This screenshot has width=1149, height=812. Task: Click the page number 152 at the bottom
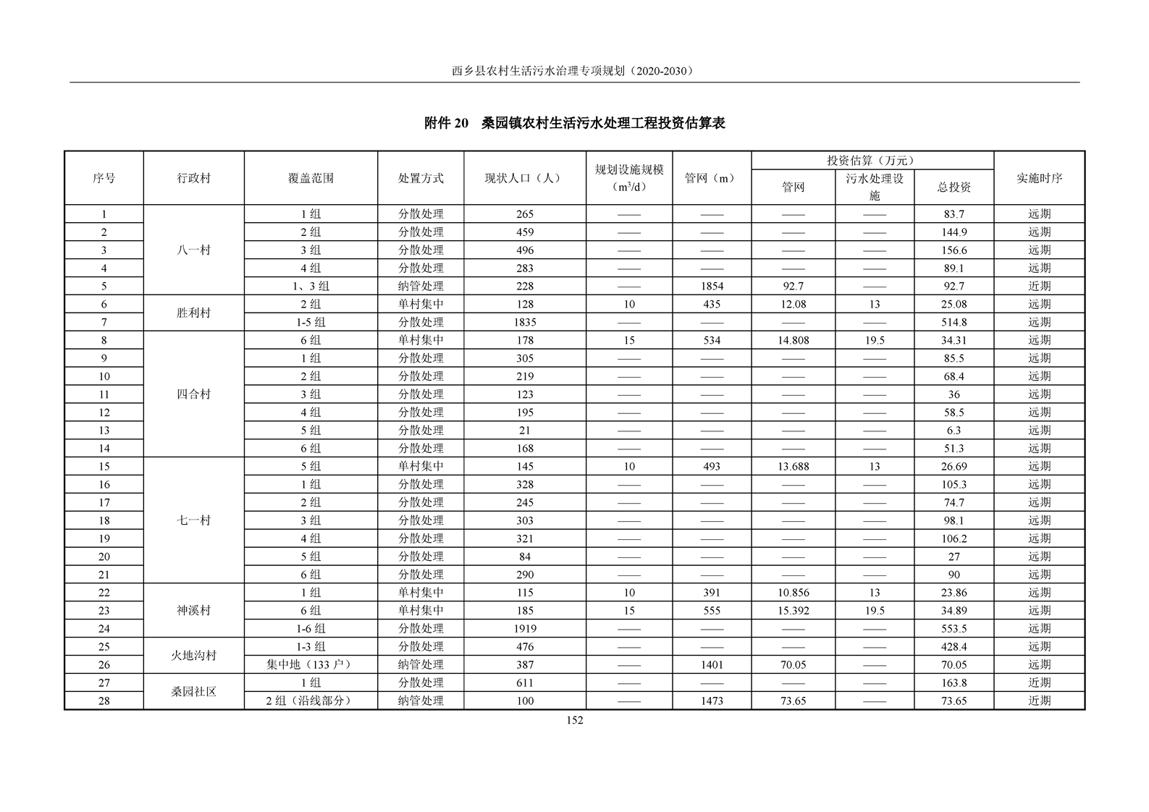tap(575, 720)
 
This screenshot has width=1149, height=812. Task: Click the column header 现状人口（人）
tap(524, 178)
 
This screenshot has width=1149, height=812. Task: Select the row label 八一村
tap(193, 250)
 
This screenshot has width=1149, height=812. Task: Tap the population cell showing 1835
tap(524, 322)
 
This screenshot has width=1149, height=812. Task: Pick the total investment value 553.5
tap(954, 629)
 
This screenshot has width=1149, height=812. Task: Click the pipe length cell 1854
tap(712, 286)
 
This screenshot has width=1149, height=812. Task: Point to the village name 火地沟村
tap(193, 656)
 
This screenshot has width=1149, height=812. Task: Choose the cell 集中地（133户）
tap(311, 664)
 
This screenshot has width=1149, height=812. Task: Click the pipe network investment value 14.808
tap(793, 340)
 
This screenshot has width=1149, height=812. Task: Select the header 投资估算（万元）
tap(872, 161)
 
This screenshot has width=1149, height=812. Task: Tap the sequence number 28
tap(104, 701)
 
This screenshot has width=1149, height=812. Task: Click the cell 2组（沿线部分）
tap(311, 701)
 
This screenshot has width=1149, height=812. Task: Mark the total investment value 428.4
tap(954, 647)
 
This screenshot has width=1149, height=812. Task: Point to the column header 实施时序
tap(1039, 178)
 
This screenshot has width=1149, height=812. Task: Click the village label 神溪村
tap(193, 611)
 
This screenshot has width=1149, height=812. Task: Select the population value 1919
tap(524, 629)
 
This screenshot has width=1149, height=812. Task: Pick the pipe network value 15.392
tap(793, 611)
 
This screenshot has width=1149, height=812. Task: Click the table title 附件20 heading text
tap(574, 123)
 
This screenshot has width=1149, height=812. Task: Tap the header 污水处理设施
tap(875, 187)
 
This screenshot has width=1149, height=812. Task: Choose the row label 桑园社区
tap(193, 692)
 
